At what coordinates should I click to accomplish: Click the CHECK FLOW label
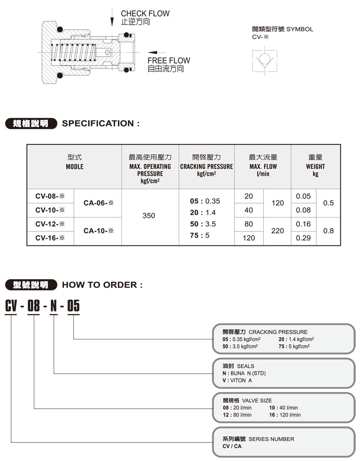pyautogui.click(x=145, y=14)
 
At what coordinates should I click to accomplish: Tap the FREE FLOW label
pyautogui.click(x=169, y=60)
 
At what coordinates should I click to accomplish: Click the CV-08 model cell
pyautogui.click(x=50, y=196)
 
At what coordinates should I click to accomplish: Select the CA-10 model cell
pyautogui.click(x=98, y=231)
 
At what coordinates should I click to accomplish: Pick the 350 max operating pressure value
pyautogui.click(x=148, y=216)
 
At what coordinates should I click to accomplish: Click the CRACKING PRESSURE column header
pyautogui.click(x=207, y=167)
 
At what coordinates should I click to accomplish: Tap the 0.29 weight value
pyautogui.click(x=303, y=238)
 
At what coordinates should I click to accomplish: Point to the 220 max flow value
pyautogui.click(x=278, y=230)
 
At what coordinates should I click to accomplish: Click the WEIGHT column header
pyautogui.click(x=315, y=167)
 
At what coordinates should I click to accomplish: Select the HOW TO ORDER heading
pyautogui.click(x=102, y=285)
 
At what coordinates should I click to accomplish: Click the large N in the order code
pyautogui.click(x=53, y=306)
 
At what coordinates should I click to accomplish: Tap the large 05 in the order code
pyautogui.click(x=73, y=306)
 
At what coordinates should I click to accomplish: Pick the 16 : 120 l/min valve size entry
pyautogui.click(x=285, y=415)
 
